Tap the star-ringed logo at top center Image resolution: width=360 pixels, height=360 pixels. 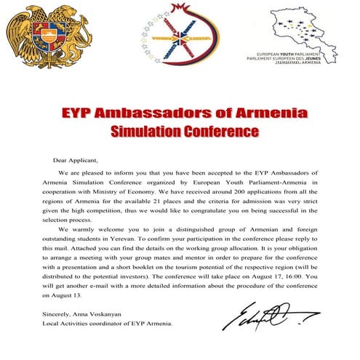(x=181, y=37)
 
